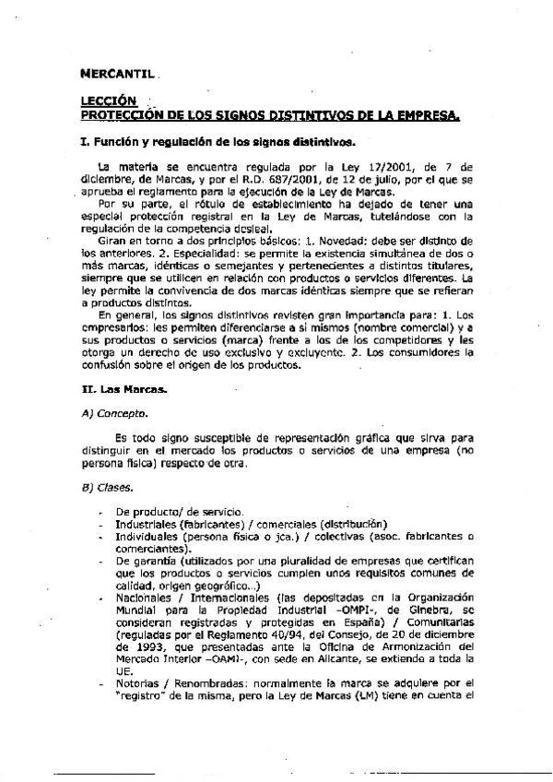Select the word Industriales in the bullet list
click(146, 523)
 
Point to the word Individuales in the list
click(146, 536)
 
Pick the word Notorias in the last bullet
click(139, 683)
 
